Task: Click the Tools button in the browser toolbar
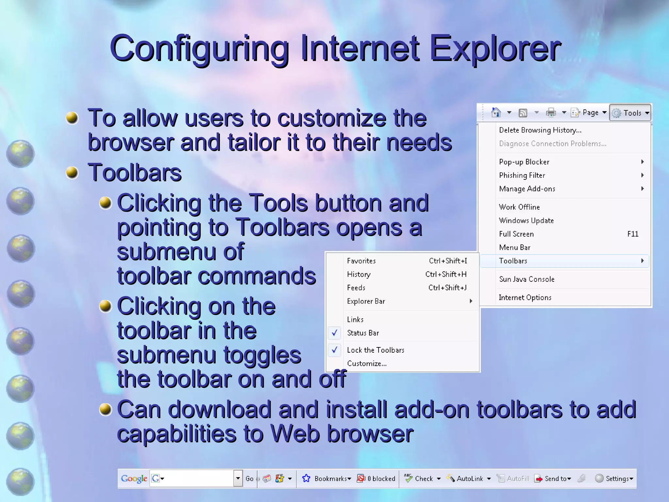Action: click(630, 113)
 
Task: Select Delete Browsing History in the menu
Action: click(540, 130)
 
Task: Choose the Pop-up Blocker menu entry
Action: click(524, 162)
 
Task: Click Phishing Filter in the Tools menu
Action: click(522, 175)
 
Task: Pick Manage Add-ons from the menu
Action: click(527, 189)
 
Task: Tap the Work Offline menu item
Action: click(519, 207)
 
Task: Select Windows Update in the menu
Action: click(526, 220)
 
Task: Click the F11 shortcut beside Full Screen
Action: click(633, 234)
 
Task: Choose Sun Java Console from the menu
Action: click(527, 279)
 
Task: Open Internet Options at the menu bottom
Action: click(525, 297)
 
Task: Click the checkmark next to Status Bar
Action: click(334, 333)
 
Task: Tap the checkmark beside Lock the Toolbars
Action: click(334, 350)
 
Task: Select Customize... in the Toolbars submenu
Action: click(367, 363)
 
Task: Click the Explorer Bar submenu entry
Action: click(366, 301)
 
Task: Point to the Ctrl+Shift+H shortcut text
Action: click(446, 274)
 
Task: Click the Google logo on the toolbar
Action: click(134, 478)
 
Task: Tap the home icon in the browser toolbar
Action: click(496, 113)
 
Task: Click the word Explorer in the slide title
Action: click(495, 49)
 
